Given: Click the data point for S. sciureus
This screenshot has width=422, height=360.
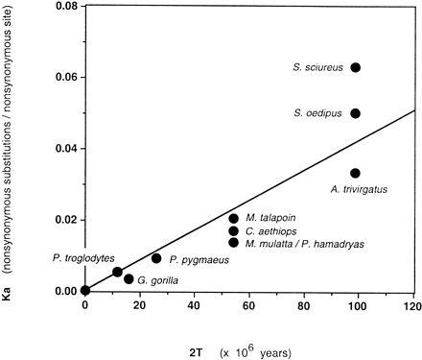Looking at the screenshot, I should [356, 67].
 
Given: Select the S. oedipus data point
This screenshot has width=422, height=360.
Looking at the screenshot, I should [356, 113].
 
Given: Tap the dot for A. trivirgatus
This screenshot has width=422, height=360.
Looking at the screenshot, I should [356, 173].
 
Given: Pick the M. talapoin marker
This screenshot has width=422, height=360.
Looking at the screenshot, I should [234, 219].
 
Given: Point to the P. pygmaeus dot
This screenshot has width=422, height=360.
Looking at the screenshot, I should [156, 258].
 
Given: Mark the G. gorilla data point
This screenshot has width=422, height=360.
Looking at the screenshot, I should [129, 279].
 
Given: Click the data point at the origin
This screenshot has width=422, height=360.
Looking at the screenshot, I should [85, 291].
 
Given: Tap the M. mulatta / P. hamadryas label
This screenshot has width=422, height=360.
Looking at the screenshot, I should [296, 244].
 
